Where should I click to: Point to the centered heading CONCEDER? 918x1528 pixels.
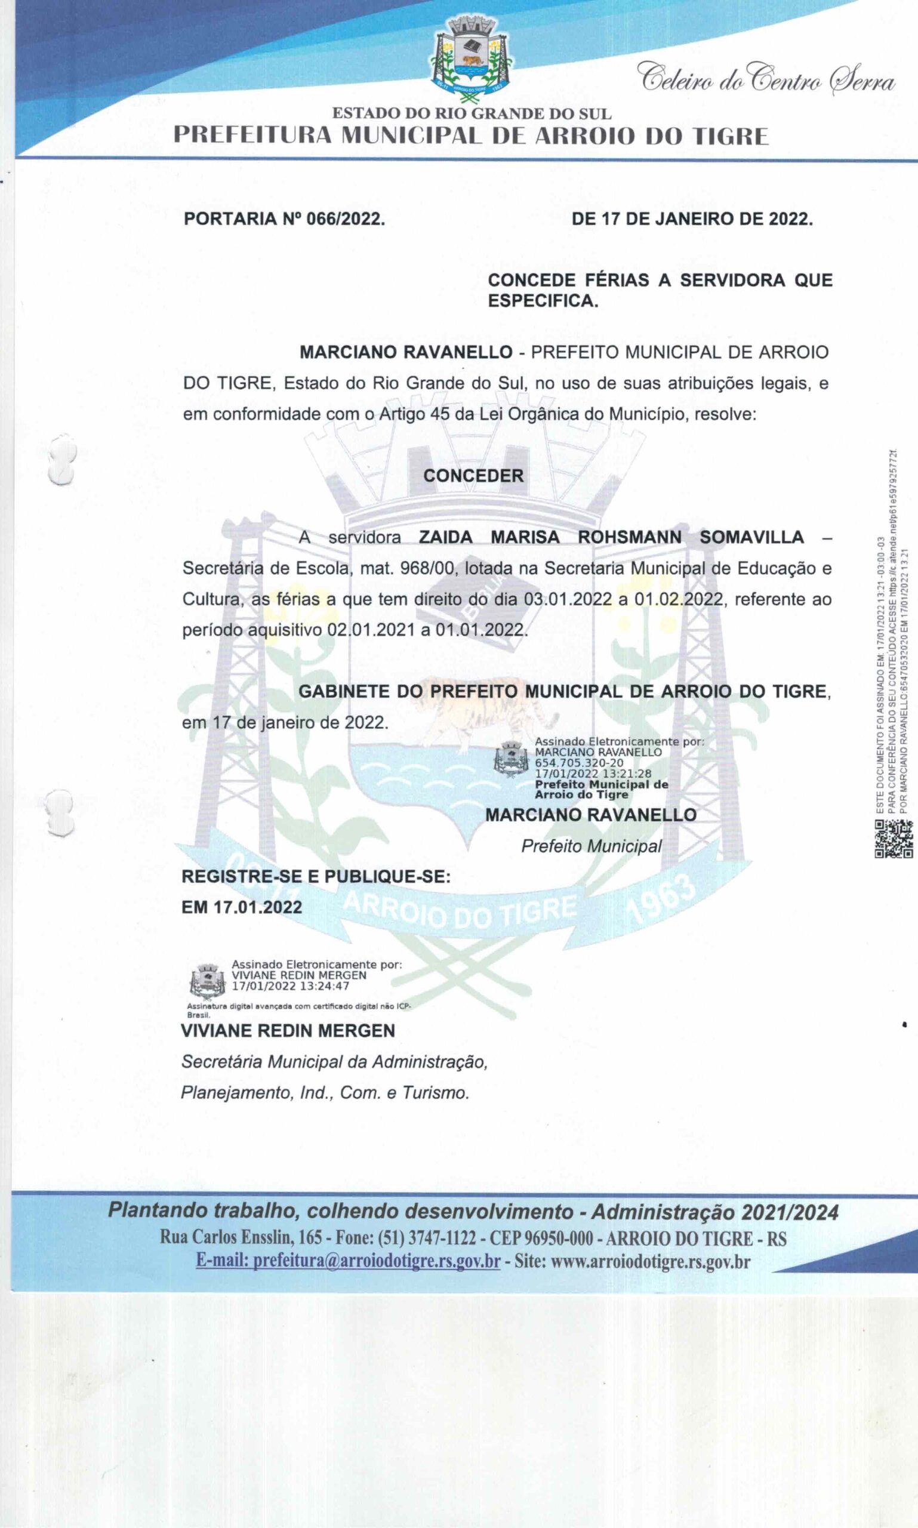[x=473, y=476]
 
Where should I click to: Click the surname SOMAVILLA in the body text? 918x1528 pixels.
[x=751, y=537]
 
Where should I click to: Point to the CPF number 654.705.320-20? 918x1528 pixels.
[x=579, y=763]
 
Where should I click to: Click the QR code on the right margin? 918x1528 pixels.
[x=894, y=839]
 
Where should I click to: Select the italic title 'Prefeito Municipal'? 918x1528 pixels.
[x=591, y=846]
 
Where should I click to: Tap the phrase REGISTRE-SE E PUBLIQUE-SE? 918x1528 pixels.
[x=316, y=877]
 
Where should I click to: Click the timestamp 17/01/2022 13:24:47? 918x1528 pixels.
[x=290, y=986]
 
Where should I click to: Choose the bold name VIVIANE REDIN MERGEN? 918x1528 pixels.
[x=288, y=1031]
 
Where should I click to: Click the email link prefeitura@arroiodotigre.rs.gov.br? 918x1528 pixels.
[x=347, y=1260]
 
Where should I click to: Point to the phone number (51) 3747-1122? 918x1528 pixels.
[x=426, y=1238]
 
